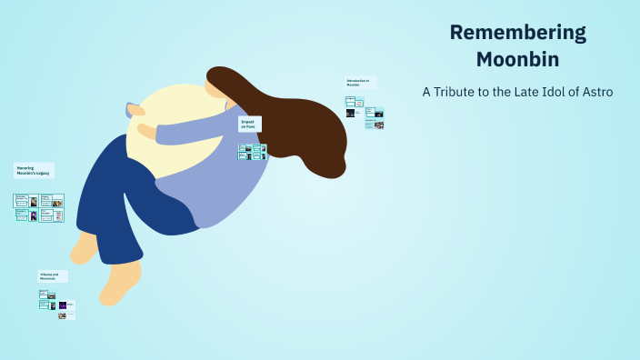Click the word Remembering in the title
(518, 34)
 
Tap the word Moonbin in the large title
(518, 59)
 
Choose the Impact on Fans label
(250, 125)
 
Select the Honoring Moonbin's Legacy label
(34, 170)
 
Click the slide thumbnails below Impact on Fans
(252, 151)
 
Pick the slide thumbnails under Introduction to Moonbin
(364, 113)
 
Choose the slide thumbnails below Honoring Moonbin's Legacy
(38, 207)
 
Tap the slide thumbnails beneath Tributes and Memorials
(56, 304)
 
